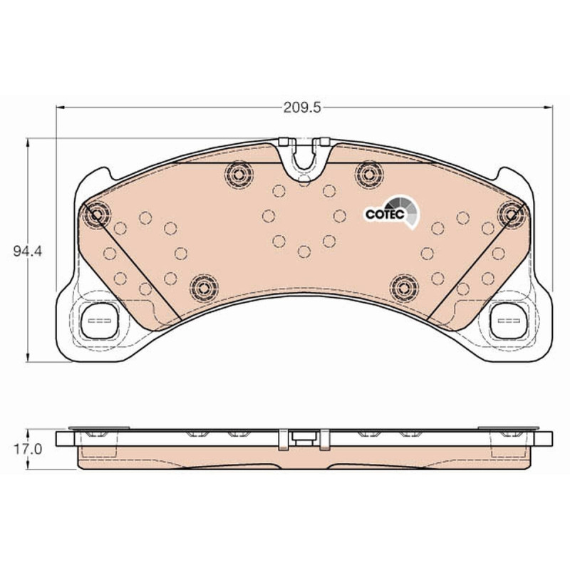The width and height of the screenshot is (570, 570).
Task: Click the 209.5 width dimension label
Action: click(302, 108)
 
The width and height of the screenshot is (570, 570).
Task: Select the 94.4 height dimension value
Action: click(28, 252)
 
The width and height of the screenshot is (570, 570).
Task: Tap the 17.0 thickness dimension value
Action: click(28, 450)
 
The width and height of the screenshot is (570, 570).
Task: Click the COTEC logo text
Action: click(385, 214)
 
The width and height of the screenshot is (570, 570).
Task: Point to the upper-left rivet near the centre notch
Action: click(239, 175)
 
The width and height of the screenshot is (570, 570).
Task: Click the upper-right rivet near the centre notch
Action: click(369, 175)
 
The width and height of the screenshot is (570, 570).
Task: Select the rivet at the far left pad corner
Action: click(97, 214)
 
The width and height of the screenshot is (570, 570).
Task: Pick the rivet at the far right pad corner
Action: click(512, 214)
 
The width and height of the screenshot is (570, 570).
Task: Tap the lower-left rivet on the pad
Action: click(204, 288)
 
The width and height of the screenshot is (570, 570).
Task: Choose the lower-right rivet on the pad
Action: click(404, 288)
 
